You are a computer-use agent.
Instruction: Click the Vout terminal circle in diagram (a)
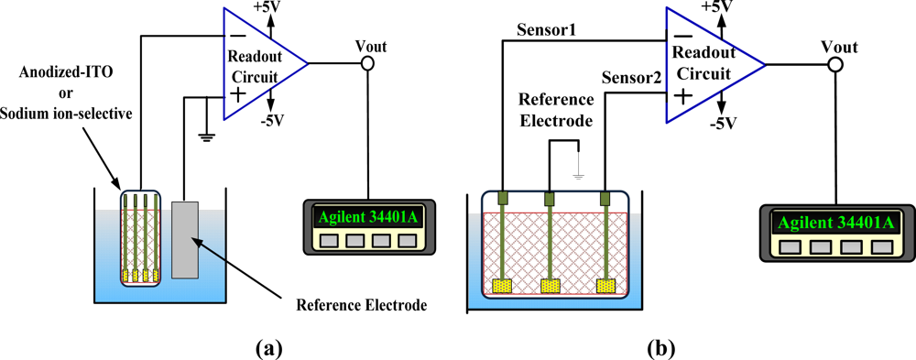click(367, 63)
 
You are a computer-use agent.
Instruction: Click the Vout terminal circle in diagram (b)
click(834, 65)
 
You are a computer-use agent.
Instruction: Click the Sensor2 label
click(629, 79)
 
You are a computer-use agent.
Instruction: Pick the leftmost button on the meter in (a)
click(327, 242)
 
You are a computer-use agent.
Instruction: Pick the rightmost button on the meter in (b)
click(881, 247)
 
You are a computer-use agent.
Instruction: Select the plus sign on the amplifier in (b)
click(681, 95)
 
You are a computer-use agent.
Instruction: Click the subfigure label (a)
click(266, 347)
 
